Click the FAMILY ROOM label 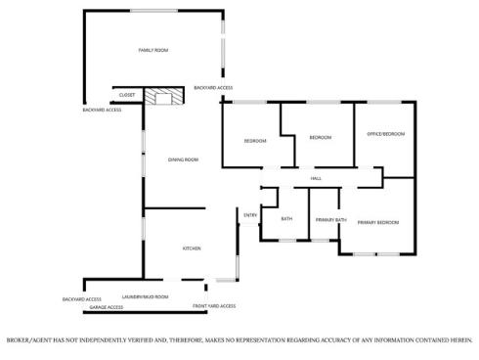click(x=154, y=49)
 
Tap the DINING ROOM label click(x=183, y=159)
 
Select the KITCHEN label click(x=192, y=248)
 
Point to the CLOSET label click(x=127, y=95)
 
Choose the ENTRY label click(x=250, y=215)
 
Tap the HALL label click(x=316, y=179)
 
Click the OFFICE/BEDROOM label click(x=385, y=133)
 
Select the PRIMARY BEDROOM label click(x=377, y=223)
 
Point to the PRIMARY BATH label click(x=330, y=220)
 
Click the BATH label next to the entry click(x=286, y=219)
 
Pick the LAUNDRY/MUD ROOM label click(x=145, y=296)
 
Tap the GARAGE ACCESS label click(x=107, y=307)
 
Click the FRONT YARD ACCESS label click(x=214, y=306)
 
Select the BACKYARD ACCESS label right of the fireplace click(x=213, y=88)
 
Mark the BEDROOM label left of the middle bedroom click(x=255, y=142)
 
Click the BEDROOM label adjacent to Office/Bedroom click(x=320, y=138)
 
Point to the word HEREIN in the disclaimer click(x=460, y=340)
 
